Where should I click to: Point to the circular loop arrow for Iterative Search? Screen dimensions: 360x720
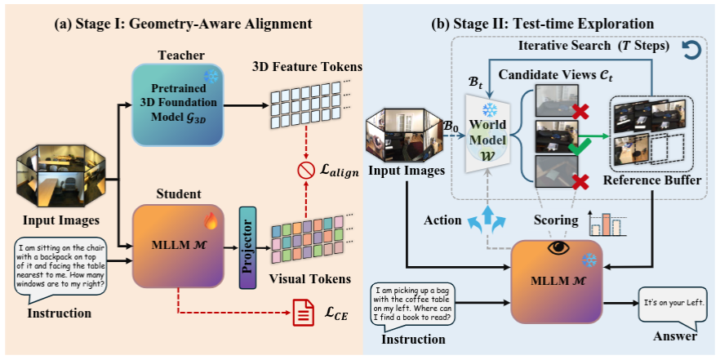tap(689, 51)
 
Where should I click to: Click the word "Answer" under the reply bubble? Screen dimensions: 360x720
tap(674, 336)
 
